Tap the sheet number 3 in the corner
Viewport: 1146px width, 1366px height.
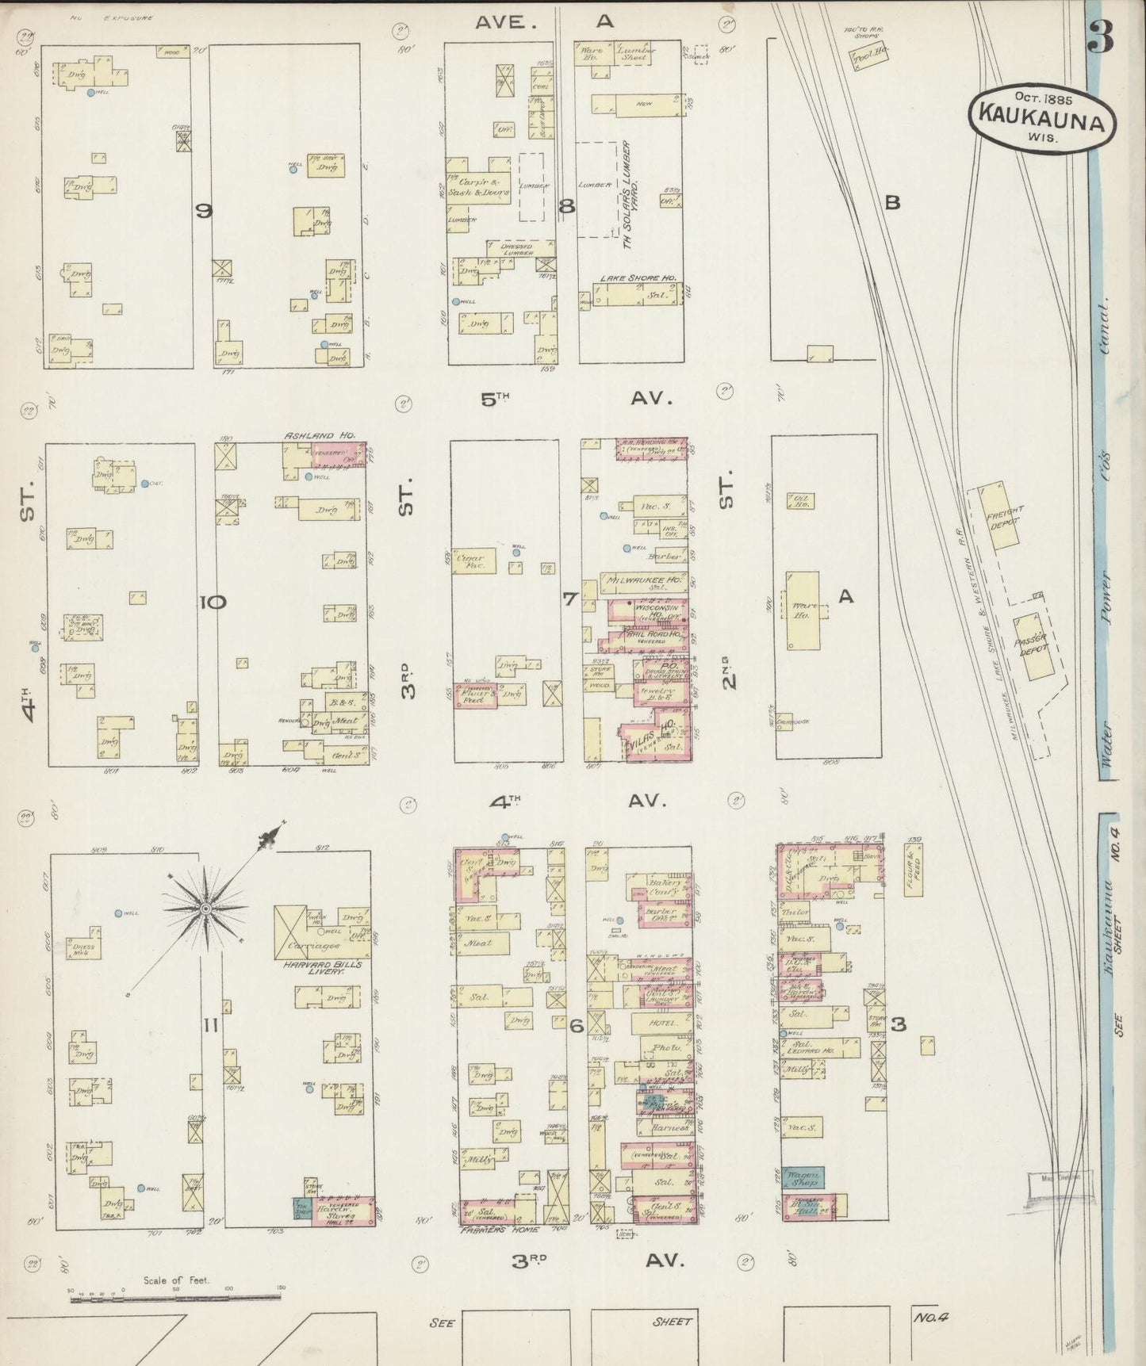pyautogui.click(x=1102, y=36)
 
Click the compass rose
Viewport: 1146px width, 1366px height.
pyautogui.click(x=206, y=907)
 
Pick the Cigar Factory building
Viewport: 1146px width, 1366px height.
pyautogui.click(x=474, y=561)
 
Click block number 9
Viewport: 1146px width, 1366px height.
pyautogui.click(x=205, y=211)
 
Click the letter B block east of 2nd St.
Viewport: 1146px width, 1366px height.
pyautogui.click(x=892, y=202)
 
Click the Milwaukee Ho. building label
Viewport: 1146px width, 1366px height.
pyautogui.click(x=642, y=579)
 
